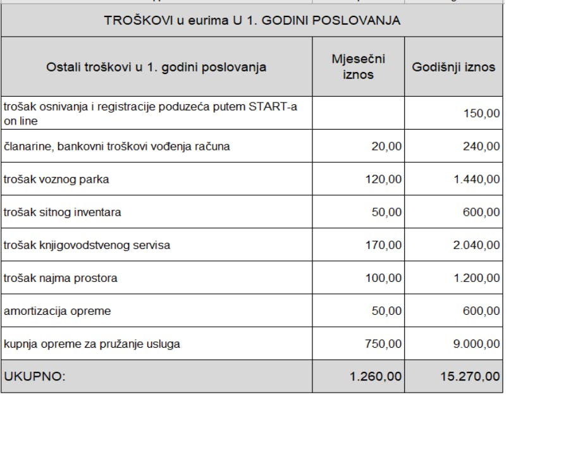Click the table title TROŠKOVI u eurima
coord(251,21)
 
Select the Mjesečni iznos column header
coord(358,66)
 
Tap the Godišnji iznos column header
coord(453,67)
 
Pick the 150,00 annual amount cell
coord(481,114)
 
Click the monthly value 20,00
coord(386,147)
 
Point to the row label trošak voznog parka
coord(56,180)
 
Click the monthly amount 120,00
coord(383,180)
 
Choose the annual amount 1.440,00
coord(476,180)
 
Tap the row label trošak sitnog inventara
coord(63,212)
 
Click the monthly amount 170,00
coord(383,245)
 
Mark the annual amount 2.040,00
coord(476,245)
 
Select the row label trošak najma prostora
coord(61,278)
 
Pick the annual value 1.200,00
coord(476,278)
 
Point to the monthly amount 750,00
coord(383,344)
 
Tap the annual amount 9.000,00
coord(476,344)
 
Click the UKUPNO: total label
coord(35,377)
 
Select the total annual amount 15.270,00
coord(470,377)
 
